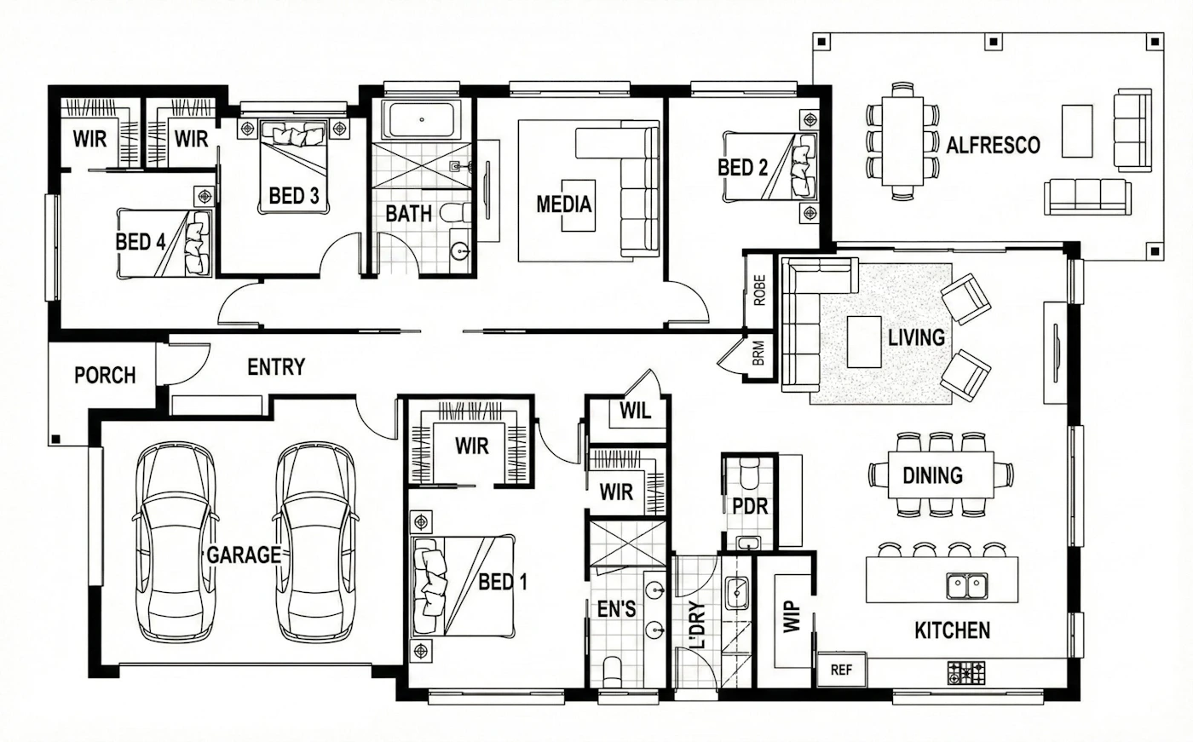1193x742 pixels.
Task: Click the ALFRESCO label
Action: pos(993,146)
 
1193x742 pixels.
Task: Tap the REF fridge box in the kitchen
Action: pos(842,670)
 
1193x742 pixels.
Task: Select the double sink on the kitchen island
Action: pos(967,586)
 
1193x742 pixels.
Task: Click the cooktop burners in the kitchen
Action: pos(966,673)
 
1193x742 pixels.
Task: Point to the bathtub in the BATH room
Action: pos(421,120)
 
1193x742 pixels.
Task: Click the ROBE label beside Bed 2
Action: pos(760,290)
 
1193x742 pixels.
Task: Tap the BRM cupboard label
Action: pos(758,354)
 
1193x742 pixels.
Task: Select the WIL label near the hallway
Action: pos(635,411)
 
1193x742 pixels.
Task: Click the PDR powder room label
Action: pos(750,506)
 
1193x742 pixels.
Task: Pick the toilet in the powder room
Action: pos(749,473)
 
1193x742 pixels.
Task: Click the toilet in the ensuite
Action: pos(613,673)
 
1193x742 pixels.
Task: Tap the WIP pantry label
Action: pos(792,617)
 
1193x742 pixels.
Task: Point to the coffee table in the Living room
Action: pos(864,342)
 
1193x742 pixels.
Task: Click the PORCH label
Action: pos(105,376)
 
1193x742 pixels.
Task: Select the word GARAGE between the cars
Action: pos(244,555)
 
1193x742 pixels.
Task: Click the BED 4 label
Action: pos(141,242)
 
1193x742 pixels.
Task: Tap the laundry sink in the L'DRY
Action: pos(736,593)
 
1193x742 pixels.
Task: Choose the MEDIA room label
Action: pos(563,204)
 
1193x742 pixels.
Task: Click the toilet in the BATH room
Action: pos(455,213)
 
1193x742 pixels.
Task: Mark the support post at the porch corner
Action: pos(55,439)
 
